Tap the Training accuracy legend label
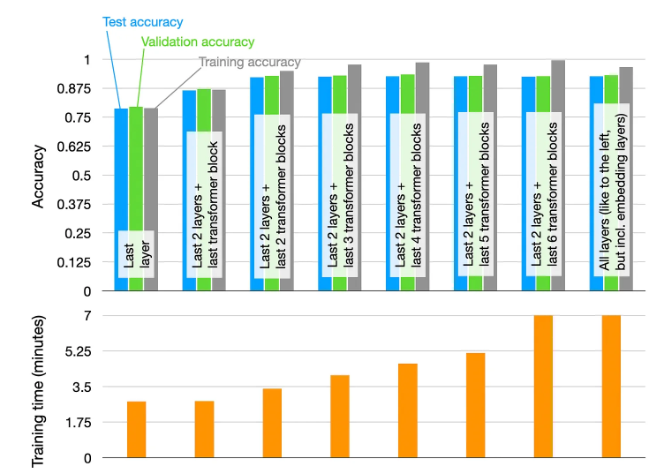point(250,62)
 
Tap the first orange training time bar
point(136,430)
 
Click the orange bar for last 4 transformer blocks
point(407,410)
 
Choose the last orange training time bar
point(611,387)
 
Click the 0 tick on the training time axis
point(88,458)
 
